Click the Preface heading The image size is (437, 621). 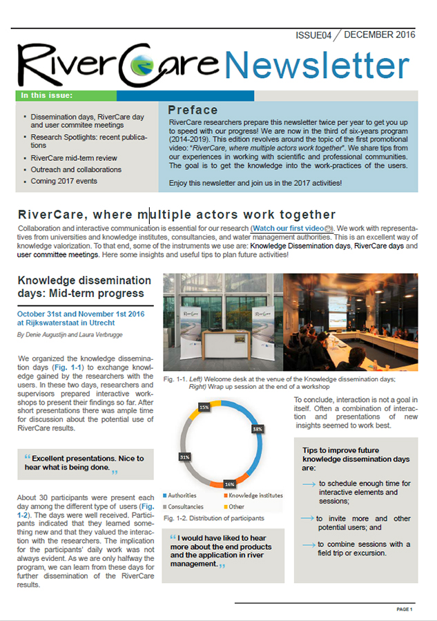click(193, 110)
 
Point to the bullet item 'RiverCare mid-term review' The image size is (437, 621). click(74, 158)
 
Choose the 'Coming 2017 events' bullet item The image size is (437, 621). click(64, 181)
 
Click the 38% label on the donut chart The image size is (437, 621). click(257, 429)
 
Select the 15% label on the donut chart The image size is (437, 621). click(204, 408)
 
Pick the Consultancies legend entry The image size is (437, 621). click(186, 506)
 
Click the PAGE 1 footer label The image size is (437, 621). click(405, 609)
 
